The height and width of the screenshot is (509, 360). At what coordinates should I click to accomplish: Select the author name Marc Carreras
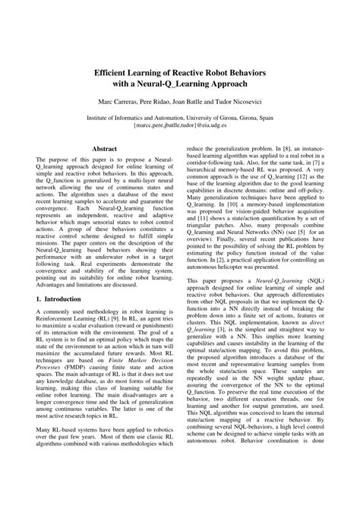click(115, 100)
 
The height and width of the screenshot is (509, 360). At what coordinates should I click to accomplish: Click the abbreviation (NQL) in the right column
click(310, 302)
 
